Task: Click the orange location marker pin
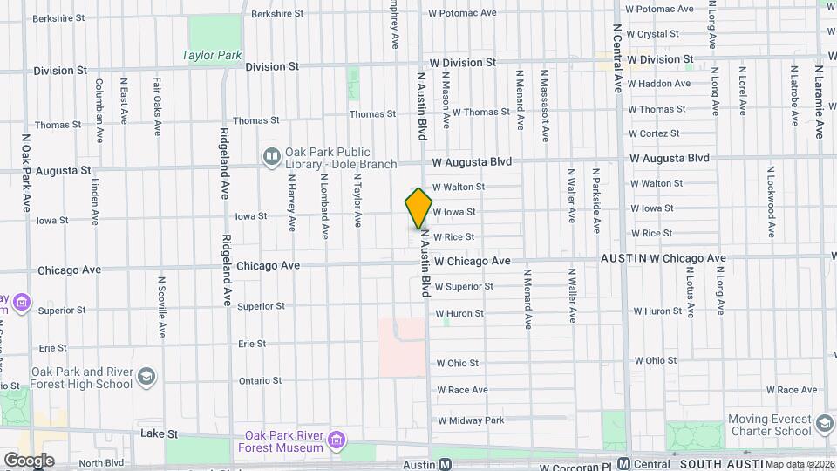(x=418, y=208)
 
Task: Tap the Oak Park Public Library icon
(x=271, y=156)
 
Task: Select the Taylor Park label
(x=211, y=55)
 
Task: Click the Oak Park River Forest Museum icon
(x=337, y=441)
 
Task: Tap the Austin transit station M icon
(x=445, y=465)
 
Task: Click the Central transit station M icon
(x=623, y=464)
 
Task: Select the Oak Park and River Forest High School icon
(x=146, y=377)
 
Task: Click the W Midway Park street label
(x=471, y=420)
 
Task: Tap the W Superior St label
(x=464, y=286)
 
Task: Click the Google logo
(x=28, y=460)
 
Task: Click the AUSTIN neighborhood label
(x=622, y=258)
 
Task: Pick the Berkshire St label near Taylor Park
(x=277, y=14)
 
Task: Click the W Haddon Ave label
(x=658, y=84)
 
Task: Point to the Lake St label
(x=160, y=433)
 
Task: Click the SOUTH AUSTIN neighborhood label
(x=715, y=464)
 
